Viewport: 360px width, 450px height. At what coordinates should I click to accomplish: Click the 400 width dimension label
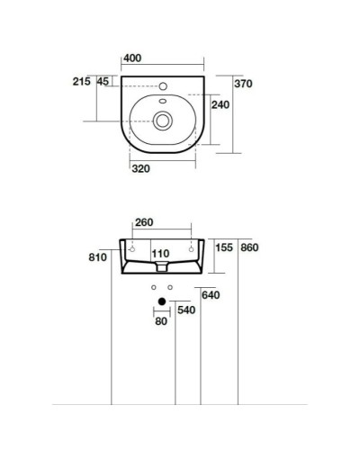click(131, 58)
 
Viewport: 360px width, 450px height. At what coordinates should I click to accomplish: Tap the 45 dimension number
click(103, 82)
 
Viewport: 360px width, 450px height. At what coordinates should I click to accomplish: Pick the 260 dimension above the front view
click(145, 223)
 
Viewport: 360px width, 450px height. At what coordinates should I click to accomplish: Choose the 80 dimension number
click(161, 319)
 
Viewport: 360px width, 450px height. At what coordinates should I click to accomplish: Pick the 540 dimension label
click(186, 310)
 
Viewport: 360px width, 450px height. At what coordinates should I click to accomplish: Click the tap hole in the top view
click(163, 88)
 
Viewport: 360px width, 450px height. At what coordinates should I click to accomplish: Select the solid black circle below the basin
click(163, 301)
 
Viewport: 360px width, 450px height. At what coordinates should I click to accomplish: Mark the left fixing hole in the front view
click(131, 246)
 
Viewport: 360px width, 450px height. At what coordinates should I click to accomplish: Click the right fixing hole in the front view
click(193, 246)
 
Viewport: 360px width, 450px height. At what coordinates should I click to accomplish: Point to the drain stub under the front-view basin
click(162, 267)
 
